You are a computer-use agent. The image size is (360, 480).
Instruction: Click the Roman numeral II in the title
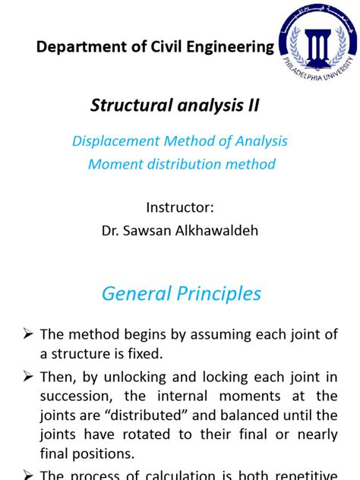tap(252, 106)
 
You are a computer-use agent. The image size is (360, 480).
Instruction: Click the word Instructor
tap(179, 207)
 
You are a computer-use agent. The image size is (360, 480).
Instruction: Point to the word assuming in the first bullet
tap(219, 335)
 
